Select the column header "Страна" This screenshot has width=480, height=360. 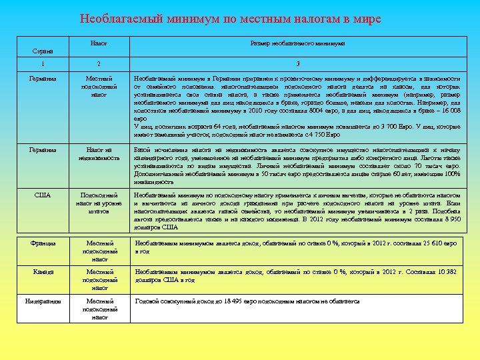(43, 51)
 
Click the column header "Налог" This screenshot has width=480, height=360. (99, 43)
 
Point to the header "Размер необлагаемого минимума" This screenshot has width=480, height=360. (297, 43)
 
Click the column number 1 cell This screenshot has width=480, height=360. (43, 63)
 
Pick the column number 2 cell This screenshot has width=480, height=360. (99, 63)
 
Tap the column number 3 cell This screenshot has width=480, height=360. (297, 63)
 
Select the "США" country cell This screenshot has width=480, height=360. (43, 195)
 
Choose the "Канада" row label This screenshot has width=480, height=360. (43, 272)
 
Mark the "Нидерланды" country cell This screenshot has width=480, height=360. (43, 301)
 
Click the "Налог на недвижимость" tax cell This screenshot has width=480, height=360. (99, 154)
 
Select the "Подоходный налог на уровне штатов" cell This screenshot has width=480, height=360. (99, 203)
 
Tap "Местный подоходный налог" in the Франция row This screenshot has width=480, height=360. (99, 251)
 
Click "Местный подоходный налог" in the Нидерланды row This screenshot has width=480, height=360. (99, 309)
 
